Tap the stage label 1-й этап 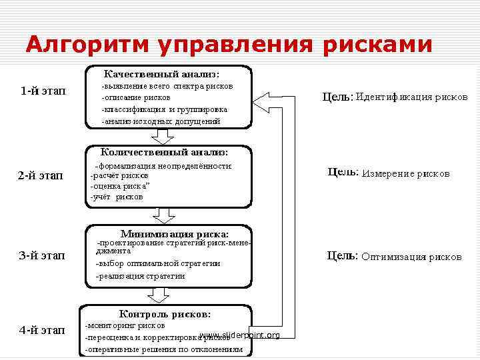tap(43, 91)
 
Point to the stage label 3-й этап tap(42, 257)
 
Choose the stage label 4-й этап tap(42, 329)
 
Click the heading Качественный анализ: tap(161, 73)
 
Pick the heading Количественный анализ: tap(164, 152)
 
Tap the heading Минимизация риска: tap(174, 233)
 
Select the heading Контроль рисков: tap(165, 313)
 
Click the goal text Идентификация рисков tap(411, 97)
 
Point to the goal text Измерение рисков tap(405, 173)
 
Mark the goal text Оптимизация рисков tap(411, 256)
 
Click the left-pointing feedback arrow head tap(262, 101)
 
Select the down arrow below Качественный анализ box tap(162, 137)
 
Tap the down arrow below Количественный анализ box tap(163, 215)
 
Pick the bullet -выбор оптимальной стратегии tap(158, 263)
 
